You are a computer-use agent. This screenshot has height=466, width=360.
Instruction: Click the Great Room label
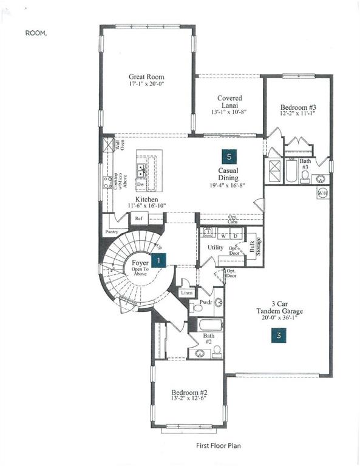click(146, 77)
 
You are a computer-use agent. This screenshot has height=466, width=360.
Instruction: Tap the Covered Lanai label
click(229, 101)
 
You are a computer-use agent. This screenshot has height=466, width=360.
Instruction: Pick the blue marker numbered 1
click(158, 260)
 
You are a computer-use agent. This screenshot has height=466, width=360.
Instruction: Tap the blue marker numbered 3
click(278, 334)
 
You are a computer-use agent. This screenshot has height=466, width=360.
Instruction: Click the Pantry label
click(110, 232)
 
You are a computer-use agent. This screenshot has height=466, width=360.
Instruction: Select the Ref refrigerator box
click(138, 218)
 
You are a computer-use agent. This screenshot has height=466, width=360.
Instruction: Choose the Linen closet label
click(186, 293)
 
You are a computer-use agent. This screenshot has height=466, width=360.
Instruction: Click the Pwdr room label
click(205, 302)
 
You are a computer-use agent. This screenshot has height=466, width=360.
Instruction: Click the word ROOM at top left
click(35, 35)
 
